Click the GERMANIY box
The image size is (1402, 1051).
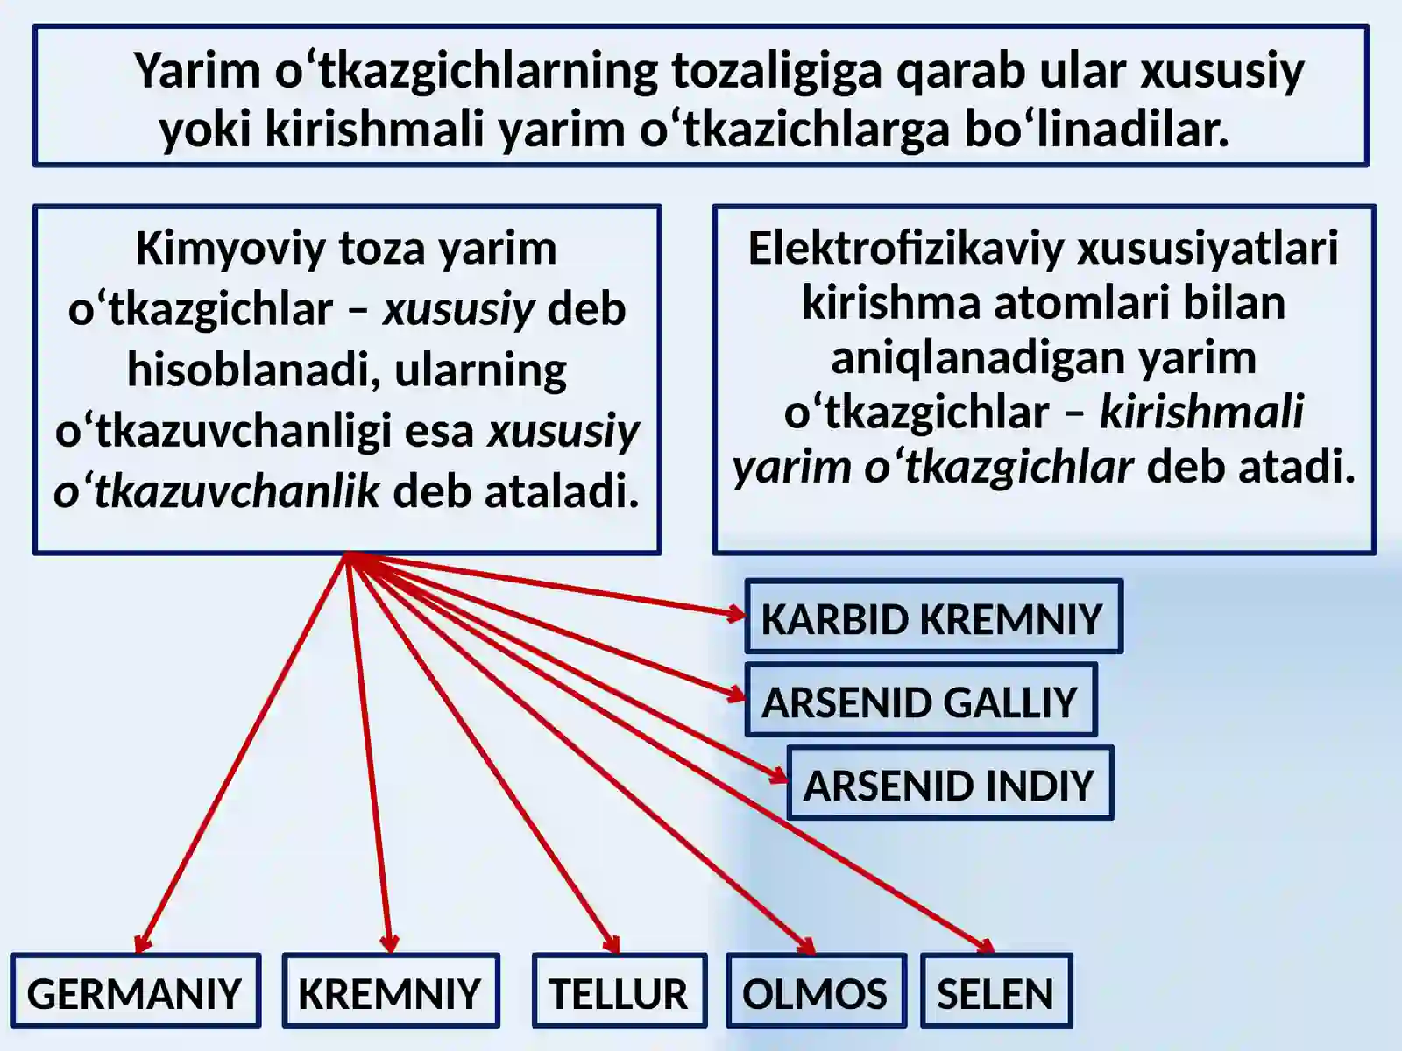136,991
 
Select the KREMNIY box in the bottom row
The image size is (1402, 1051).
391,991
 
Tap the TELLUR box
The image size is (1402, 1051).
620,991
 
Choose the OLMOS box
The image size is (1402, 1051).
817,991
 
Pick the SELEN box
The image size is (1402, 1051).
996,991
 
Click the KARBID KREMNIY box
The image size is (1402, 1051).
934,617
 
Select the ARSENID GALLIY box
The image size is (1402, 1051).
921,700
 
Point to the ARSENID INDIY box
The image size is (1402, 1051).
951,783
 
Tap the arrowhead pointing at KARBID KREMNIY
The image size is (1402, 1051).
737,614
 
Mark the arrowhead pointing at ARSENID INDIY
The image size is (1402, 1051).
779,776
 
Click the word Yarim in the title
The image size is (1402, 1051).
197,70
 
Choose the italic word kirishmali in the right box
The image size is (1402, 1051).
1201,412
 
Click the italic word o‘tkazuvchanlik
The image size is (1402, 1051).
217,491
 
